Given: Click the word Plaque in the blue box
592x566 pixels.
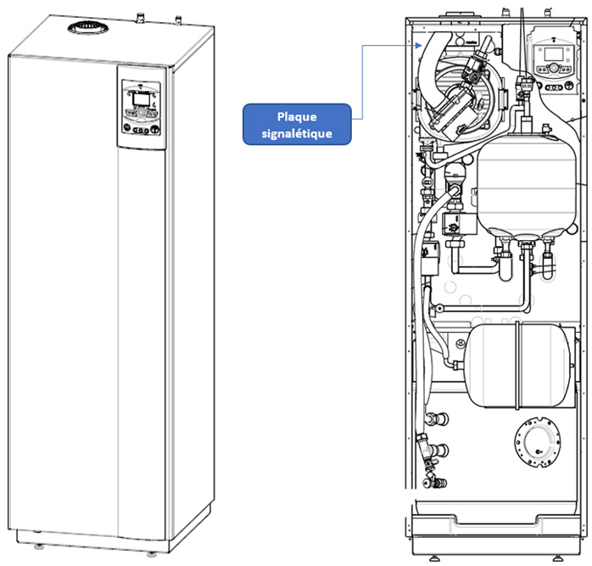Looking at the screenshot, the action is click(x=297, y=117).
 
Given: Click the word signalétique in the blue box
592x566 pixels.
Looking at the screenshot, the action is click(x=297, y=133).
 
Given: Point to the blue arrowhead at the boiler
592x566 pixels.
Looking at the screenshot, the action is click(x=418, y=45).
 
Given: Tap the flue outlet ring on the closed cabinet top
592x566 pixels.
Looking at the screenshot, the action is click(x=88, y=28).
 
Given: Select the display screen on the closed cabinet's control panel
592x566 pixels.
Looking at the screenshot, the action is click(x=141, y=99).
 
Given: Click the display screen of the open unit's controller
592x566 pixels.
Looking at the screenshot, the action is click(x=554, y=54).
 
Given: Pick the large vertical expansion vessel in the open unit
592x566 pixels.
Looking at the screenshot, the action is click(x=527, y=185).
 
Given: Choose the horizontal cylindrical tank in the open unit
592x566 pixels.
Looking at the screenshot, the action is click(x=519, y=366).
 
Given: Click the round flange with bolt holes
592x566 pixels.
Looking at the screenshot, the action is click(x=537, y=442).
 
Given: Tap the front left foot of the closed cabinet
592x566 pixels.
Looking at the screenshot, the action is click(x=39, y=546).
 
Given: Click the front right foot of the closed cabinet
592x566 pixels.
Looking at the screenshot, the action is click(x=152, y=554).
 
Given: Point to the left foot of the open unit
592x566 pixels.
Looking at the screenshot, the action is click(x=433, y=558).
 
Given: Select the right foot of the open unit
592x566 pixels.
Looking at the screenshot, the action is click(x=557, y=558).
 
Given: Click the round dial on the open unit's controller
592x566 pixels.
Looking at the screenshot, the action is click(x=554, y=69).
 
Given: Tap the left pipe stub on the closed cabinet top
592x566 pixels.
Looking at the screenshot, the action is click(x=141, y=17).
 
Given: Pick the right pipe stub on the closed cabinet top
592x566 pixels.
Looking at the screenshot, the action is click(x=178, y=20).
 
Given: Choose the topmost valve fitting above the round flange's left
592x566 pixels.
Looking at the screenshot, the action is click(x=437, y=418).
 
